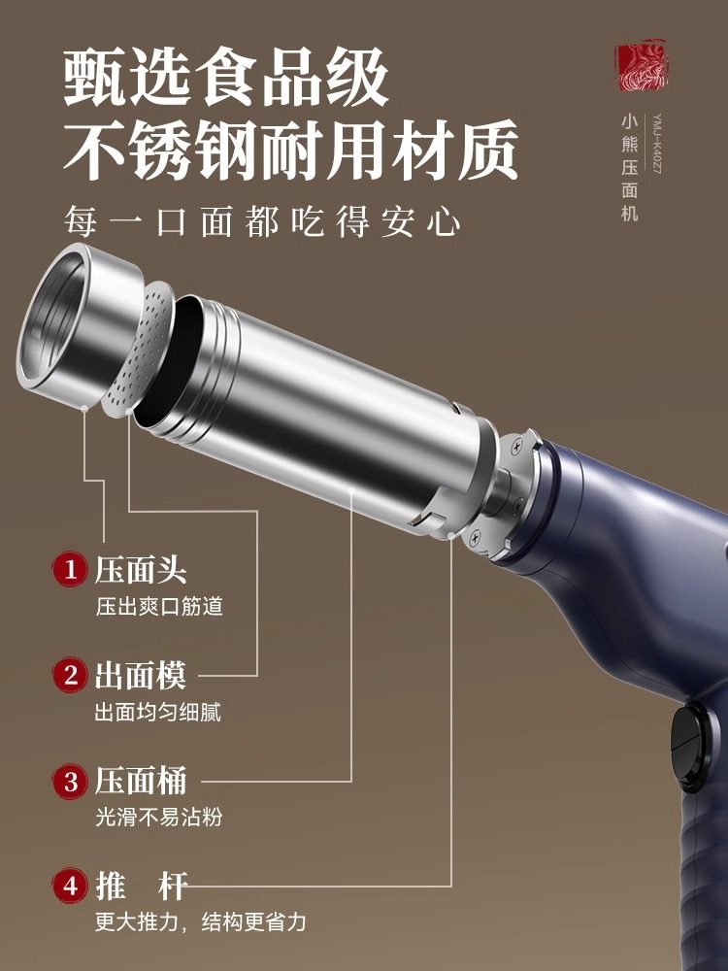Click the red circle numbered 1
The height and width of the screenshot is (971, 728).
pos(70,569)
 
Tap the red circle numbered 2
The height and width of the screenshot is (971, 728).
pos(70,675)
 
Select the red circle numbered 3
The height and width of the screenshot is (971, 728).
pos(70,781)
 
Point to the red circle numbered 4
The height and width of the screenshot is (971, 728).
pos(70,886)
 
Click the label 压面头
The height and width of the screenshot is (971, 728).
pos(140,569)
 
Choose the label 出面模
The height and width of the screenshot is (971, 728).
pos(140,675)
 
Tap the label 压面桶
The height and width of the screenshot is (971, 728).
pos(140,781)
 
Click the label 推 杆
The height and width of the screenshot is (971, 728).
pos(140,886)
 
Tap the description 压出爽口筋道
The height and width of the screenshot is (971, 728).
pos(159,607)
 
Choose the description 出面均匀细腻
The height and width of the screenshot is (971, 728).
pos(157,712)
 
